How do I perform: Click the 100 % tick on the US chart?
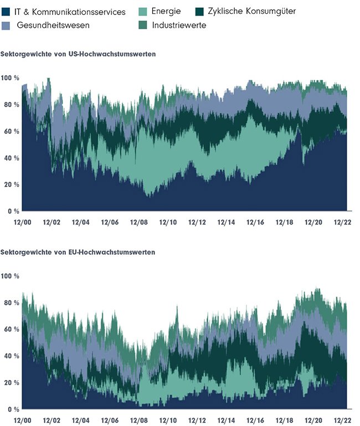(x=10, y=78)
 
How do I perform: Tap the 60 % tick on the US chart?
(x=11, y=131)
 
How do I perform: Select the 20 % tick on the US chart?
(x=11, y=184)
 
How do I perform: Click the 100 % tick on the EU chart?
(x=10, y=276)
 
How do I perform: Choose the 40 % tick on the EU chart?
(x=11, y=356)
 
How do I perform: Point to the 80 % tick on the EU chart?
(x=11, y=303)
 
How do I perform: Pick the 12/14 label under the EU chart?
(x=227, y=420)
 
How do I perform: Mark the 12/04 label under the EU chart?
(x=80, y=420)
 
